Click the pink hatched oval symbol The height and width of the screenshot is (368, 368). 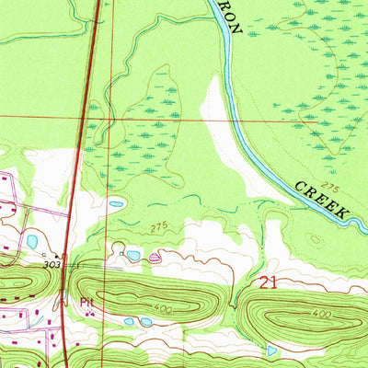click(154, 259)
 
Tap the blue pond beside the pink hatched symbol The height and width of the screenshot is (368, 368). click(134, 255)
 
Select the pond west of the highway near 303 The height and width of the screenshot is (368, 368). click(32, 241)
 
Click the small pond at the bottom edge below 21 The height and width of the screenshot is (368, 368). click(270, 351)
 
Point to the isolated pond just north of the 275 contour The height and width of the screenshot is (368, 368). click(116, 204)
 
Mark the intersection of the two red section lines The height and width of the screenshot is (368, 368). click(111, 119)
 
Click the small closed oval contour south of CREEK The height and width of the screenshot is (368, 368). click(317, 238)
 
